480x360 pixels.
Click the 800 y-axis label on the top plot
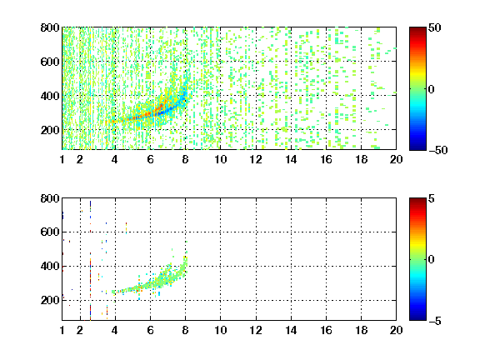(x=50, y=27)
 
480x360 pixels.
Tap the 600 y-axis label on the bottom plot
(x=50, y=232)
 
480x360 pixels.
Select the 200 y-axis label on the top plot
(x=50, y=130)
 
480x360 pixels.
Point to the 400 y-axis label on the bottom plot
(x=50, y=266)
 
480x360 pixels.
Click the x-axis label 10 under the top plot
(x=220, y=159)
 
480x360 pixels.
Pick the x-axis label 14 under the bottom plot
(x=291, y=330)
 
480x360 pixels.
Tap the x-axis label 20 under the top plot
(x=396, y=159)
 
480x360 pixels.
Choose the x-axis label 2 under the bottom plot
(x=80, y=330)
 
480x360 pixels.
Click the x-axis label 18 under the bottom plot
(x=361, y=330)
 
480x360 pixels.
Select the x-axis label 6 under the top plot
(x=150, y=159)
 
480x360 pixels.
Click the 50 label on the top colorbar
(x=435, y=27)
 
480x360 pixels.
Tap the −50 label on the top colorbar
(x=437, y=150)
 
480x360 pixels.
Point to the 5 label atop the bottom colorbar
(x=432, y=198)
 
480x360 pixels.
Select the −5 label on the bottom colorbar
(x=435, y=321)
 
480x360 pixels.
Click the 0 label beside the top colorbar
(x=432, y=89)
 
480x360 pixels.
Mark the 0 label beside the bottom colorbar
(x=432, y=260)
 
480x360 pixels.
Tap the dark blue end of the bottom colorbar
(x=417, y=318)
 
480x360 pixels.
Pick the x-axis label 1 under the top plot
(x=62, y=159)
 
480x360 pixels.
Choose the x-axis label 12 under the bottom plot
(x=256, y=330)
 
